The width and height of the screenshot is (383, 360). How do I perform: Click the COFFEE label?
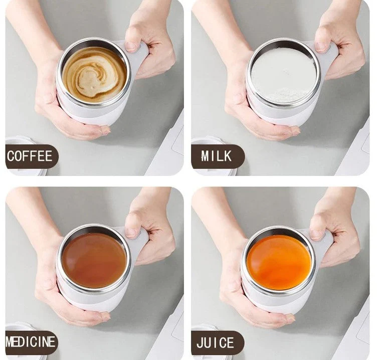click(x=30, y=156)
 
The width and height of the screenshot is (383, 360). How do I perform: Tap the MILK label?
click(x=216, y=156)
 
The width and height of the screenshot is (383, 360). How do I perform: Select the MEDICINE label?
click(x=30, y=341)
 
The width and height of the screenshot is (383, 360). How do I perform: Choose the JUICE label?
click(x=215, y=342)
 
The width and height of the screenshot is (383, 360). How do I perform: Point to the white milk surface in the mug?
click(x=283, y=75)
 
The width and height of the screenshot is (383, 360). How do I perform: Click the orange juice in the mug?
click(x=279, y=262)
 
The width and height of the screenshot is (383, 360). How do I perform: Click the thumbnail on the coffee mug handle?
click(x=131, y=47)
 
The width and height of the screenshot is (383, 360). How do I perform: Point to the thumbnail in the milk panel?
click(x=320, y=47)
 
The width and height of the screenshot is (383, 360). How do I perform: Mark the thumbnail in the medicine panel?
click(x=131, y=233)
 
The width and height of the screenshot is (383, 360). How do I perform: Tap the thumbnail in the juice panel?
click(x=316, y=235)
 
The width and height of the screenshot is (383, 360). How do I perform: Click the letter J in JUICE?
click(x=201, y=342)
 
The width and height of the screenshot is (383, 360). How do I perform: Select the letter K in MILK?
click(x=228, y=156)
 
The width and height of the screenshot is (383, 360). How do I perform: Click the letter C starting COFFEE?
click(x=11, y=156)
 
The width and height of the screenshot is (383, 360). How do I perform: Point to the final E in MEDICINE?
click(x=52, y=341)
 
